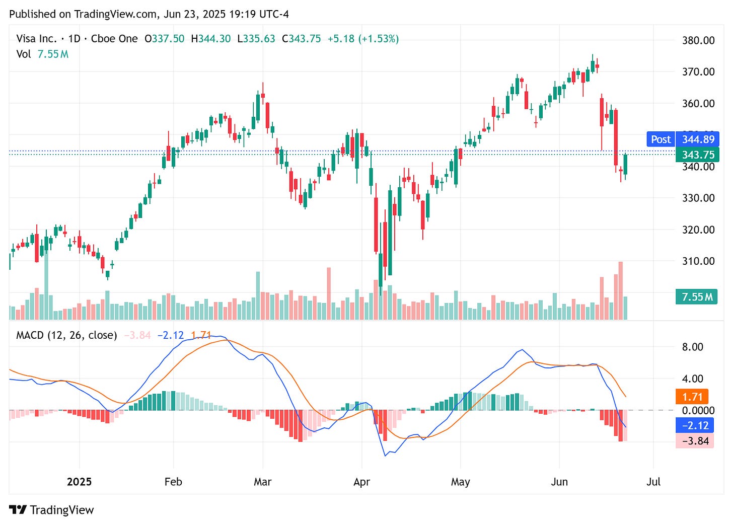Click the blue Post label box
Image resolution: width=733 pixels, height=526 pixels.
(x=661, y=139)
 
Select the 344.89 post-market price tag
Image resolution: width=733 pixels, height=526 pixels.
(x=698, y=139)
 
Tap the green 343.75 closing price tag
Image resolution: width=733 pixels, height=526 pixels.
(x=698, y=155)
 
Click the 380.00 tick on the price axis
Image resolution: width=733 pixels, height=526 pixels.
(x=698, y=40)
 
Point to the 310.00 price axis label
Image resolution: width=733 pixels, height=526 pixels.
(x=698, y=261)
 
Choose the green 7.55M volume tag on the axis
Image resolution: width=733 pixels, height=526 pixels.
(x=697, y=297)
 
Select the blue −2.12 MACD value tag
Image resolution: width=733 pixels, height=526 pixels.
(x=695, y=425)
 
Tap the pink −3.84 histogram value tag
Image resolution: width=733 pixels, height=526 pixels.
(x=695, y=441)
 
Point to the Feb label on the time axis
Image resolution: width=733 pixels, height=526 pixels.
(x=173, y=482)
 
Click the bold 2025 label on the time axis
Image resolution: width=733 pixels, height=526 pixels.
(x=79, y=482)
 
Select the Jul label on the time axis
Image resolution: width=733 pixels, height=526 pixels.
(x=653, y=482)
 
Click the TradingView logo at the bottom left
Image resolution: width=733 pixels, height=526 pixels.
(x=51, y=510)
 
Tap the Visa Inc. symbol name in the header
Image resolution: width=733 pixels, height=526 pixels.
(x=36, y=39)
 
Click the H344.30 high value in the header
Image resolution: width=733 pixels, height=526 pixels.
(x=211, y=39)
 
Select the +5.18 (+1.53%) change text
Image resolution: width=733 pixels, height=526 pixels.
(x=362, y=39)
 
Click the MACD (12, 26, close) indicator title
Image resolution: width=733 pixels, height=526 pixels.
(x=66, y=335)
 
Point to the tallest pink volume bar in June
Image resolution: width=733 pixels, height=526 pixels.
(x=620, y=290)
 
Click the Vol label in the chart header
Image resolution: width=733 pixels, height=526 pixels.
(x=23, y=54)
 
